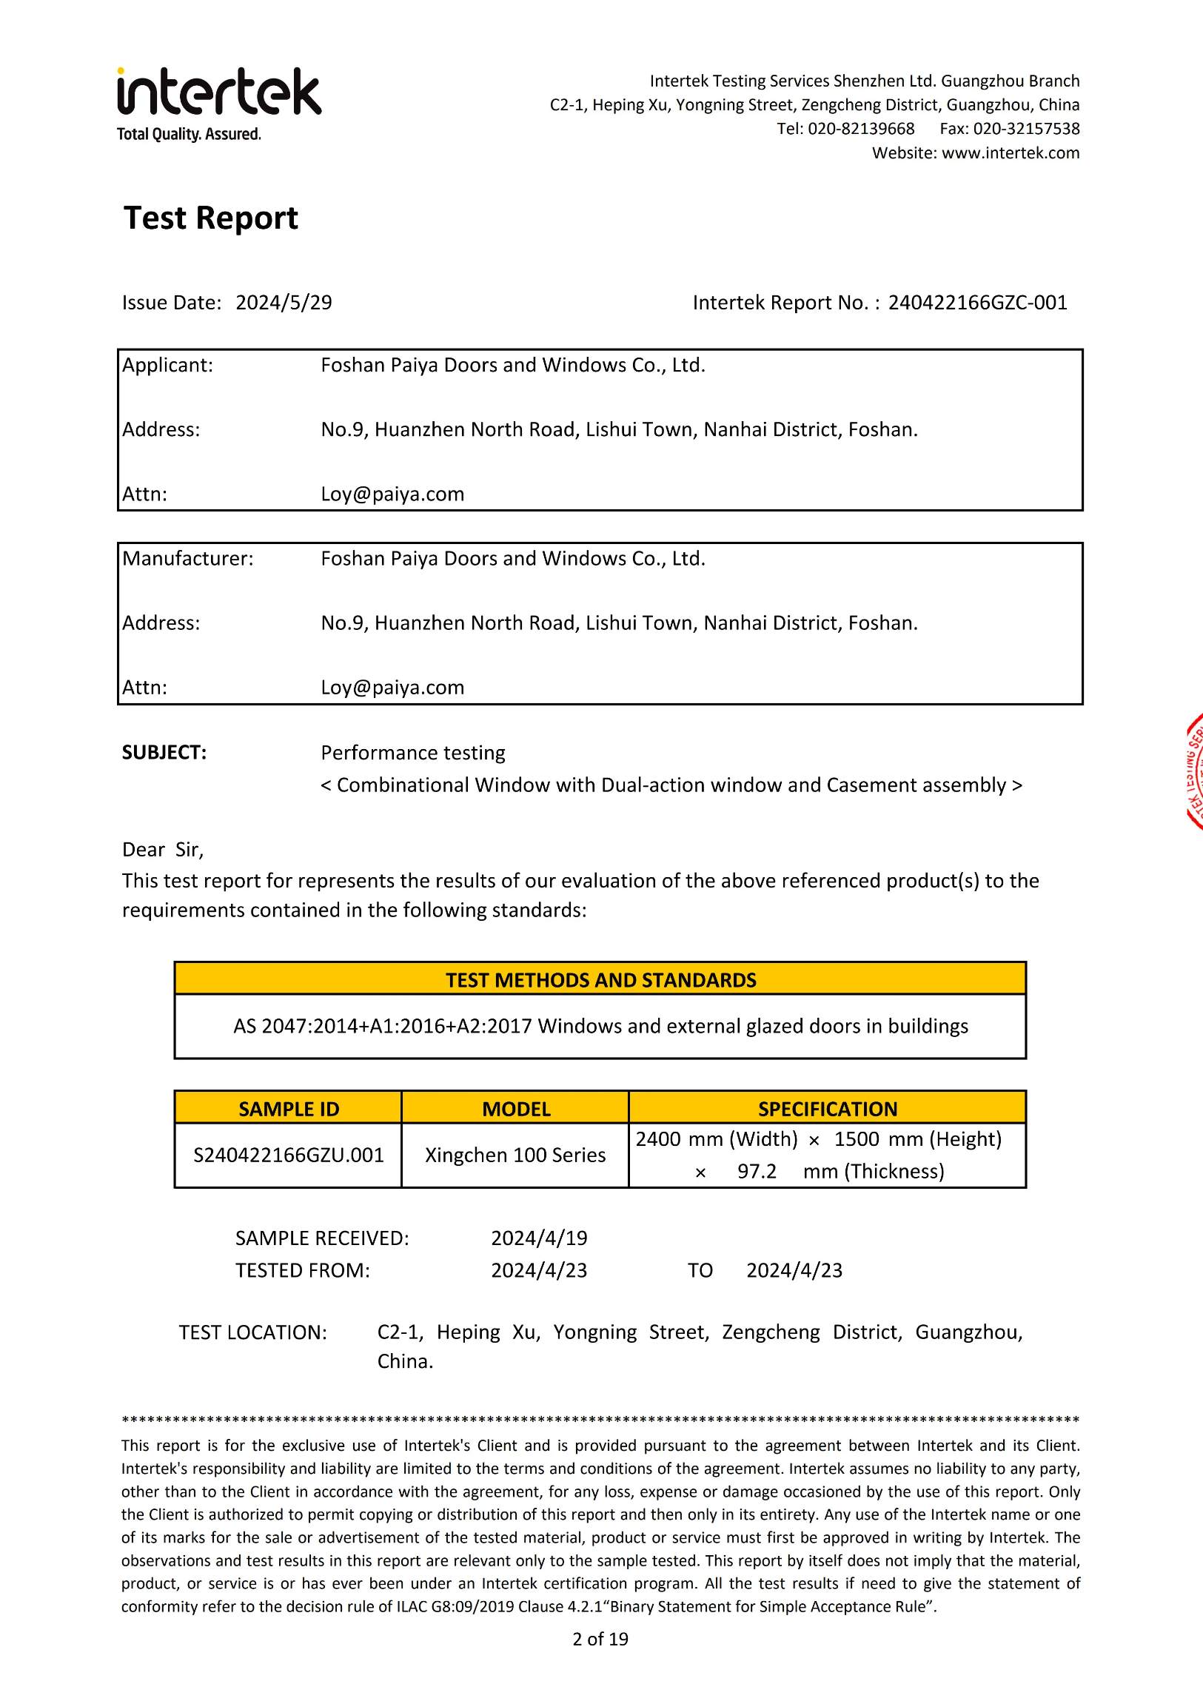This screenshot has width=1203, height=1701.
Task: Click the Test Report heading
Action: pyautogui.click(x=210, y=218)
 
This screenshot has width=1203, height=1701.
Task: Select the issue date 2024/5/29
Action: pyautogui.click(x=284, y=302)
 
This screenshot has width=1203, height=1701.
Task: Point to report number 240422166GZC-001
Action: pyautogui.click(x=977, y=302)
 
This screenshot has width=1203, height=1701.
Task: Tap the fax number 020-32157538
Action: pyautogui.click(x=1026, y=128)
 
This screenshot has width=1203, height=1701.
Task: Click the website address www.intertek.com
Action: pyautogui.click(x=1011, y=152)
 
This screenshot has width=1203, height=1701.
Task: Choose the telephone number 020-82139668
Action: pyautogui.click(x=861, y=128)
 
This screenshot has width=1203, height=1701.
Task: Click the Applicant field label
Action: pyautogui.click(x=167, y=365)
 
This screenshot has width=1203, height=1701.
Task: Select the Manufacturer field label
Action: pyautogui.click(x=187, y=559)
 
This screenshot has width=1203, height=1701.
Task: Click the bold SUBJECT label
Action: pyautogui.click(x=164, y=753)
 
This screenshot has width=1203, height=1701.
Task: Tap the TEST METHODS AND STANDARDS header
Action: pyautogui.click(x=600, y=980)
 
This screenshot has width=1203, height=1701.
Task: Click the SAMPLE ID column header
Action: pyautogui.click(x=288, y=1109)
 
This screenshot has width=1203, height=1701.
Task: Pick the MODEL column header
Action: pyautogui.click(x=515, y=1109)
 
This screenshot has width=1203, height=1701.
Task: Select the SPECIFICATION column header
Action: pyautogui.click(x=828, y=1109)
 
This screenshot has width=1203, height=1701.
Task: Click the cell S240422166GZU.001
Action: pyautogui.click(x=288, y=1155)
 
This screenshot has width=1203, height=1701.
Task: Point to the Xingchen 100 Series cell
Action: pyautogui.click(x=515, y=1155)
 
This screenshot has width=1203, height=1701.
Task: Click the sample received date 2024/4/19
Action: pyautogui.click(x=539, y=1238)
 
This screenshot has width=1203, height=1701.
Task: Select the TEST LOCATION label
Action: pyautogui.click(x=252, y=1333)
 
